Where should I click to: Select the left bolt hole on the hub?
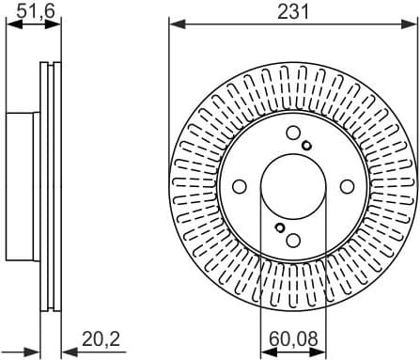pos(241,185)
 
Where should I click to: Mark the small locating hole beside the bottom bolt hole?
pos(279,227)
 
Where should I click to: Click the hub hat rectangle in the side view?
pos(23,184)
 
